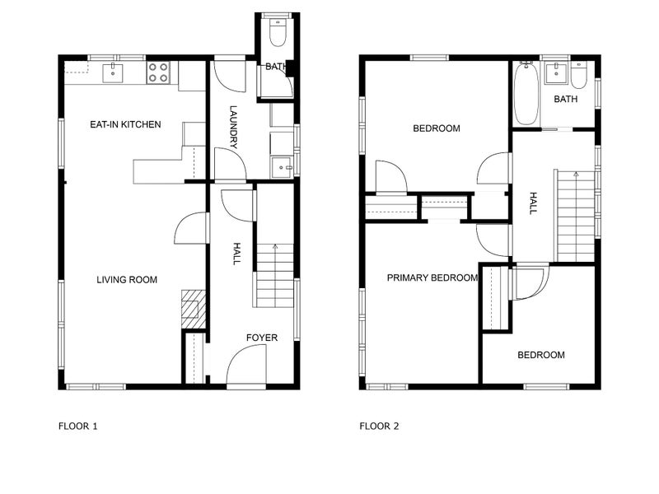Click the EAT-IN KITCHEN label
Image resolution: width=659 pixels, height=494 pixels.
point(125,125)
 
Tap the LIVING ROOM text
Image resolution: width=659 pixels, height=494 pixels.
point(127,280)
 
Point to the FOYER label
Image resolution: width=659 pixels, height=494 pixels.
point(262,338)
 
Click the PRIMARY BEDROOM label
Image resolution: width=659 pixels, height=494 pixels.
point(432,278)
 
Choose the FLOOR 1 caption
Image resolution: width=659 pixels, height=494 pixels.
point(78,426)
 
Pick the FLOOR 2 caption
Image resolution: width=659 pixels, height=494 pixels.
point(379,426)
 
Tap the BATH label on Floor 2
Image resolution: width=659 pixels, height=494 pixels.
point(566,100)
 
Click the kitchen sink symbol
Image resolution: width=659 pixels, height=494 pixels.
point(113,73)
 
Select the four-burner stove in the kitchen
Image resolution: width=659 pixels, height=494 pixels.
point(158,73)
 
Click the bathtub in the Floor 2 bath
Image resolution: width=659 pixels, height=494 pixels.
point(525,94)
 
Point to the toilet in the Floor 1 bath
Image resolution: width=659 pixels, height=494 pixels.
point(278,34)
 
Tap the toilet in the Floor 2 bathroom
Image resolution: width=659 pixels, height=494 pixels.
point(580,76)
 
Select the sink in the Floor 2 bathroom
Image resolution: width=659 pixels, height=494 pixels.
point(556,73)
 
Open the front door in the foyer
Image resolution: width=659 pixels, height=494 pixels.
point(246,366)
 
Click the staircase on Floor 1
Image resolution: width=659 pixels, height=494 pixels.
point(274,276)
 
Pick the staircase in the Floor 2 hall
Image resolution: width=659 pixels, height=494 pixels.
point(575,216)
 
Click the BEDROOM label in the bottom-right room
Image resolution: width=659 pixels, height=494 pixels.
point(541,356)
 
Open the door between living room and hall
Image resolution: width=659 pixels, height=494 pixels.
point(191,228)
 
